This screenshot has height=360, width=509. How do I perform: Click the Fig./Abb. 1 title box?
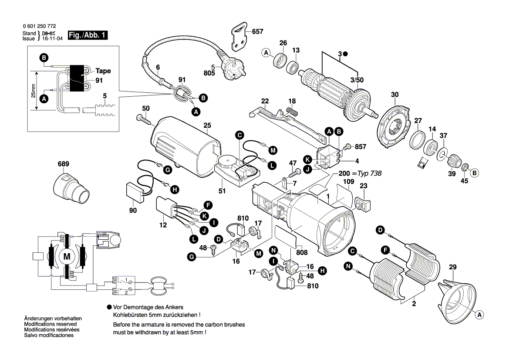[x=87, y=35]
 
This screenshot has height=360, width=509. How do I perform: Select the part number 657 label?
[x=258, y=31]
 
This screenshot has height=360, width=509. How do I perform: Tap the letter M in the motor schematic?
[x=67, y=257]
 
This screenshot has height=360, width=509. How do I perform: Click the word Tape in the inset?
[x=103, y=71]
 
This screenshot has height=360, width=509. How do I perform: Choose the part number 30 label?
[x=394, y=95]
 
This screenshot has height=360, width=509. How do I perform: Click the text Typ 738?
[x=370, y=173]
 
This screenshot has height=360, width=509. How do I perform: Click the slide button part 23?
[x=362, y=204]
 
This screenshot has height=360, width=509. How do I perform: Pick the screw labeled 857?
[x=348, y=147]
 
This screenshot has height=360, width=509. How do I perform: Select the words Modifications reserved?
[x=51, y=325]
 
